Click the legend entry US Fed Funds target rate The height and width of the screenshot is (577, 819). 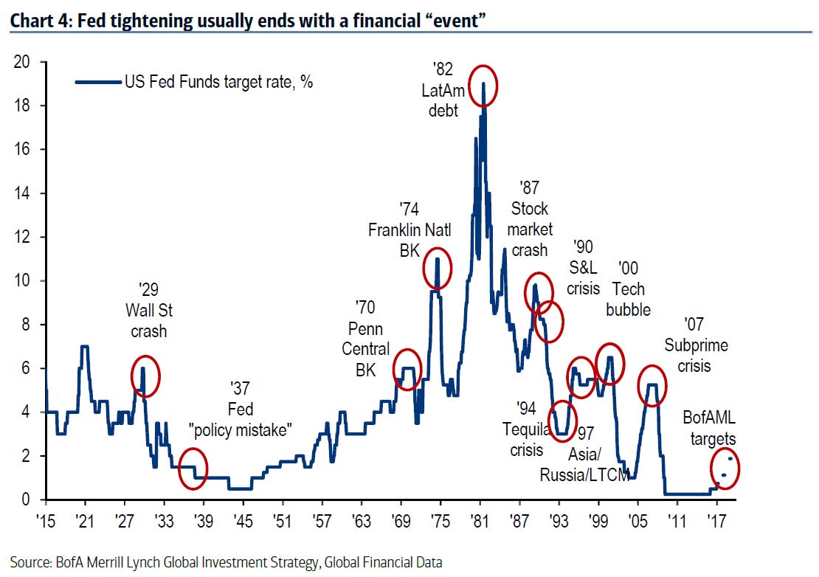(218, 83)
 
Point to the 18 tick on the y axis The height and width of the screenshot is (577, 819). (24, 106)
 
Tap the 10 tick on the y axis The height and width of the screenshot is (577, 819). (24, 280)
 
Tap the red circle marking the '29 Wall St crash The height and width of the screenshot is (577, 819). (145, 376)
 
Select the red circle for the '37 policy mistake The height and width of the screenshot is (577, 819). (193, 467)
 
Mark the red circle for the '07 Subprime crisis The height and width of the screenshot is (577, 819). (652, 385)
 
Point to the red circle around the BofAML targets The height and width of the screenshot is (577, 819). (725, 467)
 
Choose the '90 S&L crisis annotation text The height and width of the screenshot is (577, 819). (583, 267)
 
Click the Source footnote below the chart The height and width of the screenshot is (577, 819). (226, 562)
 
